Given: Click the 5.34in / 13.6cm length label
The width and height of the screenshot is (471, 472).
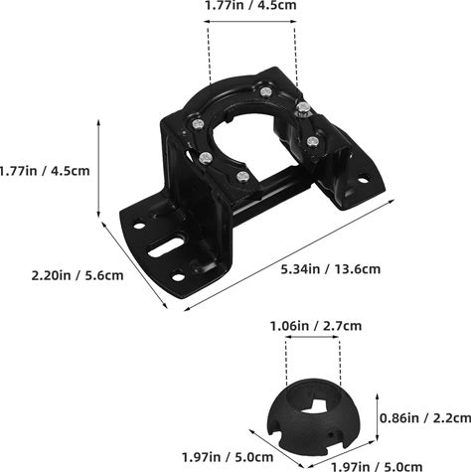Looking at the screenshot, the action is pos(331,269).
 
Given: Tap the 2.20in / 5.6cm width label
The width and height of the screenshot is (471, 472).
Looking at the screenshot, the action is pos(78,275).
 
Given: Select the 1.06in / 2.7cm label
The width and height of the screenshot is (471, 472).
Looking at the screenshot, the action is pos(316,326).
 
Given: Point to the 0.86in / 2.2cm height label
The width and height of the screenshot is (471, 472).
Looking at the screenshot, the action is pos(425,418).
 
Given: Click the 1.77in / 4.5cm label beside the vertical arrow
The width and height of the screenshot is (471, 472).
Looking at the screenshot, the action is pos(45,171).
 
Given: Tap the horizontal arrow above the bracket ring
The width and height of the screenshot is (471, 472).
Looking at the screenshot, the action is pos(250,22).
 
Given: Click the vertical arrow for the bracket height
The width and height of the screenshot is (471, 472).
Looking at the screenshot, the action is pos(98,169).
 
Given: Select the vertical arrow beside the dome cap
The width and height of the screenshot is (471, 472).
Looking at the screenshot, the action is pos(377,417).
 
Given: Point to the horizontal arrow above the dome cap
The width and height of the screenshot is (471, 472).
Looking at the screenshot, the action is pos(312,337).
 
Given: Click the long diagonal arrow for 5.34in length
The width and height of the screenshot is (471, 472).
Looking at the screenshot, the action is pos(289,255).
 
